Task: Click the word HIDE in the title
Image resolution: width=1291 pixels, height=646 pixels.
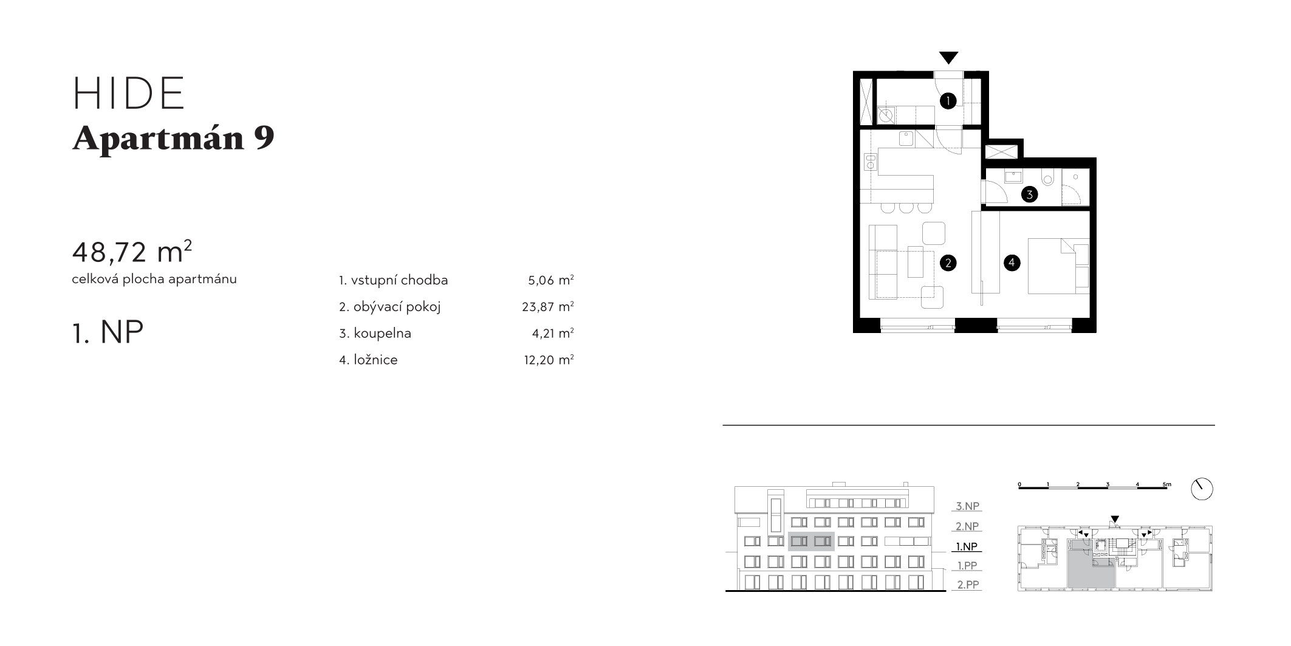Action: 128,94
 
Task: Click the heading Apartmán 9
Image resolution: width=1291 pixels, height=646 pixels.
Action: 173,139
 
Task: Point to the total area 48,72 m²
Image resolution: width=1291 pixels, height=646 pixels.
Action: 132,252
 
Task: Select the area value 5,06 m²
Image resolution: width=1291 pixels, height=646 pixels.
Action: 551,280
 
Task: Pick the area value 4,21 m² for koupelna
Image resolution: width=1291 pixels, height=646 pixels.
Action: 553,333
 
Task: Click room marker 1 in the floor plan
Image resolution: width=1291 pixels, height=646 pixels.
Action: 948,101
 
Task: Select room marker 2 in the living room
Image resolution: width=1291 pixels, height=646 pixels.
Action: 947,263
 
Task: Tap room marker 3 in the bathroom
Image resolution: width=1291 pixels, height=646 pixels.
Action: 1029,195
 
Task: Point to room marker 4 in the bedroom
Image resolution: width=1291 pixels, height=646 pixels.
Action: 1012,263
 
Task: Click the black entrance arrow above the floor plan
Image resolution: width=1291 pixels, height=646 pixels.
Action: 948,58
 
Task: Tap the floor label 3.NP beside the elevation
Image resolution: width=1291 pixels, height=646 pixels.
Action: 968,506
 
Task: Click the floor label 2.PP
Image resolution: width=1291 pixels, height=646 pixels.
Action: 968,585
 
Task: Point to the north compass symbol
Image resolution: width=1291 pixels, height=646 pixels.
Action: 1202,489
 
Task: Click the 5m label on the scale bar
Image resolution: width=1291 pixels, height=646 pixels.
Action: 1166,484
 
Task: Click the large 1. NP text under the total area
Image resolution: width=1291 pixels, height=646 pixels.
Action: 108,332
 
